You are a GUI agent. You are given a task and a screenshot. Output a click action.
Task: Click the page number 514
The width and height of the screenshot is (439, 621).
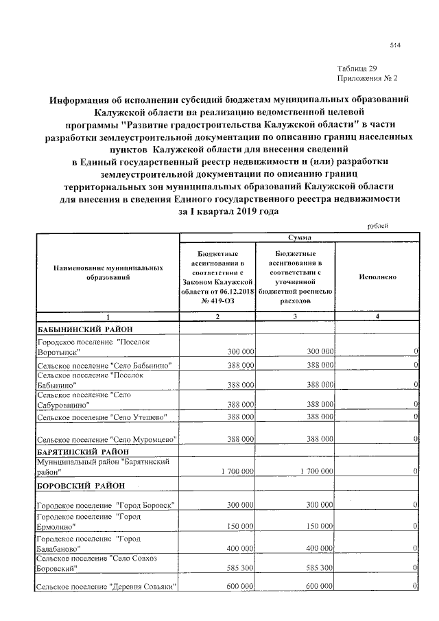click(x=394, y=45)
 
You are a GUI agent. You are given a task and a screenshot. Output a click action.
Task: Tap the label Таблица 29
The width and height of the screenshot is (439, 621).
click(x=357, y=69)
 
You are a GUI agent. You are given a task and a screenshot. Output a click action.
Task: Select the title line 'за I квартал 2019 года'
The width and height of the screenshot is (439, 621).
click(x=228, y=212)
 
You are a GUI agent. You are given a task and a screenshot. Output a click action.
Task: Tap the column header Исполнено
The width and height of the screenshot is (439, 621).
click(x=377, y=277)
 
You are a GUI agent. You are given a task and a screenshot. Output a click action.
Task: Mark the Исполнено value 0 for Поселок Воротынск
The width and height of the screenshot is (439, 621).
click(x=416, y=351)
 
